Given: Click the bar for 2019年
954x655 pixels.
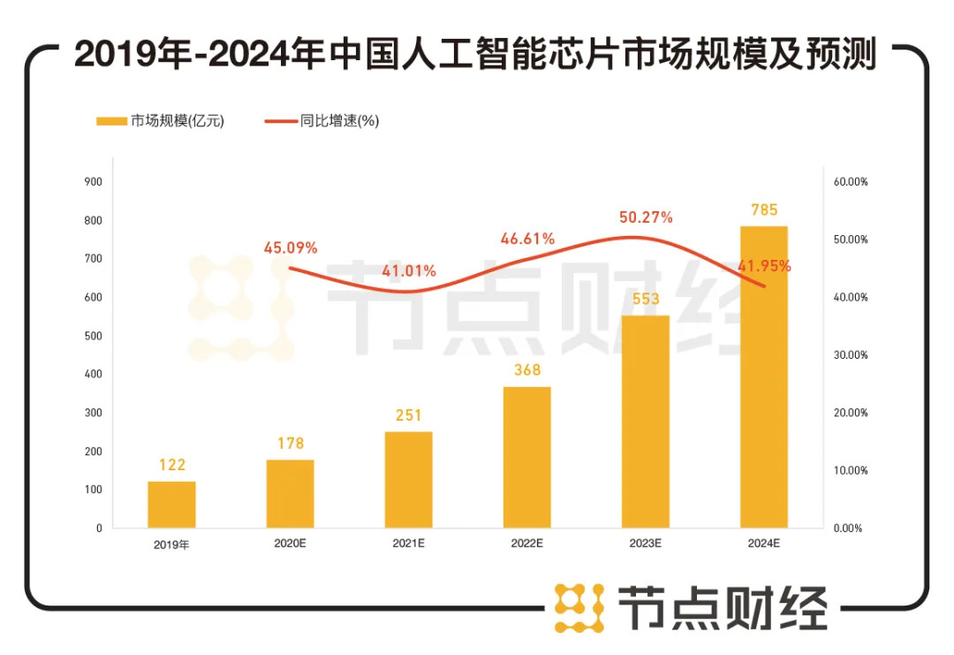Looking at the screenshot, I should [171, 504].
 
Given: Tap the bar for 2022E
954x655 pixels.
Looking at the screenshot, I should [527, 457].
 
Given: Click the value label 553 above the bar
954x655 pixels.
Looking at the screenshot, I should [646, 300].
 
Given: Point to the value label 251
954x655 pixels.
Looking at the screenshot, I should [408, 415].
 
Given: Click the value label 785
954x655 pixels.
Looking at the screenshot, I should [764, 210].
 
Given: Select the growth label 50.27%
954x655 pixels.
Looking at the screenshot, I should [646, 217].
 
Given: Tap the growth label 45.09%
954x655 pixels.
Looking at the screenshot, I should [290, 248].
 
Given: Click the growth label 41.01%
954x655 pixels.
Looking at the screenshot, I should [409, 271].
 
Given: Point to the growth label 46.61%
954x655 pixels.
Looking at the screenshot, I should [527, 239].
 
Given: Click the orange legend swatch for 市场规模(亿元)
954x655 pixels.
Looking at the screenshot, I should [112, 122].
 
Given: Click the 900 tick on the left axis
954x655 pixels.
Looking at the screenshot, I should [94, 182].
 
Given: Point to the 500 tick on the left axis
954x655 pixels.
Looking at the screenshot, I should [94, 336].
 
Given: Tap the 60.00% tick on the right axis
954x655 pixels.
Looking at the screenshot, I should [851, 182].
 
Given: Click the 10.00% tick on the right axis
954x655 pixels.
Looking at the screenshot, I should [851, 470].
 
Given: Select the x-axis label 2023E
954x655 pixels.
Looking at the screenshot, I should [646, 544].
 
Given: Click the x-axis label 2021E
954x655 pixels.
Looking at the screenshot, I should [409, 544].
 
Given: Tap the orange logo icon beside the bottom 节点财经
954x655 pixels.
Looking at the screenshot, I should [579, 607].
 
